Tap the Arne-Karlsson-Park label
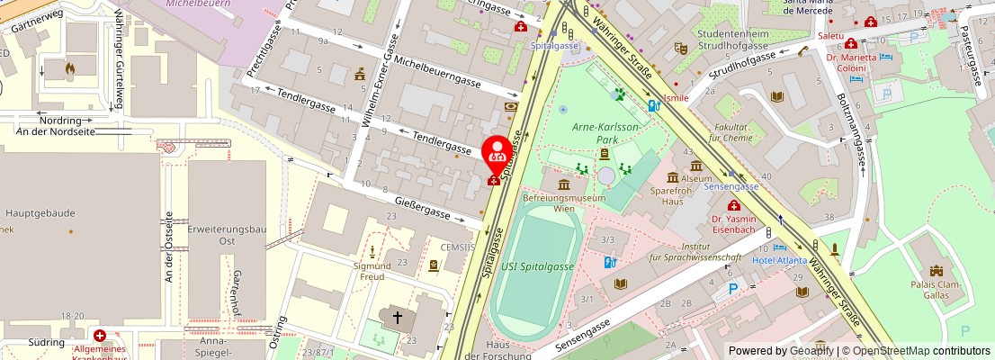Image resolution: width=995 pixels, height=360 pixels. tap(606, 133)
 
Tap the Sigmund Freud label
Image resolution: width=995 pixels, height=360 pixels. tap(372, 272)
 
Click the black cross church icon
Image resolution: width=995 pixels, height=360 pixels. tap(397, 317)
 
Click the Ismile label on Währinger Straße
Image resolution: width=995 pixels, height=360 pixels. tap(675, 97)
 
